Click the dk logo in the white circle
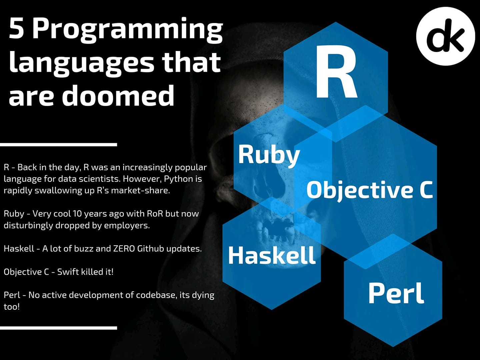coord(445,36)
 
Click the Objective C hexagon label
coord(370,190)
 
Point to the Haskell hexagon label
coord(272,255)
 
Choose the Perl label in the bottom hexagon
coord(396,293)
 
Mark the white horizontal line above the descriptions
coord(58,145)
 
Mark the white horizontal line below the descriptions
coord(58,328)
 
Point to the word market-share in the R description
coord(140,191)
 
